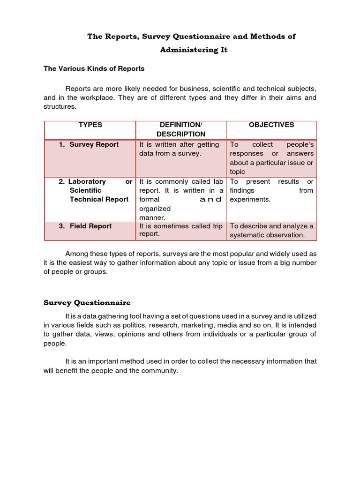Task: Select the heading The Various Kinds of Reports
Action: pyautogui.click(x=94, y=68)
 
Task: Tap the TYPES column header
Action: pyautogui.click(x=90, y=125)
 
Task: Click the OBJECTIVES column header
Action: pyautogui.click(x=271, y=125)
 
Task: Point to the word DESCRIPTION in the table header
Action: pyautogui.click(x=180, y=134)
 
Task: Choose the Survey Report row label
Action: pyautogui.click(x=94, y=144)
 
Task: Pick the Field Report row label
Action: pyautogui.click(x=90, y=226)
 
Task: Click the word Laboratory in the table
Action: pyautogui.click(x=87, y=181)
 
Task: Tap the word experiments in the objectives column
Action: pyautogui.click(x=250, y=199)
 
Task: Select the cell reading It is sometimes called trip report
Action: pyautogui.click(x=180, y=230)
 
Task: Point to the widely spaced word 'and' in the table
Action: pyautogui.click(x=210, y=200)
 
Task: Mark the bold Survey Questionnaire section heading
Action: pyautogui.click(x=87, y=302)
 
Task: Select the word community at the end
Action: pyautogui.click(x=160, y=370)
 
